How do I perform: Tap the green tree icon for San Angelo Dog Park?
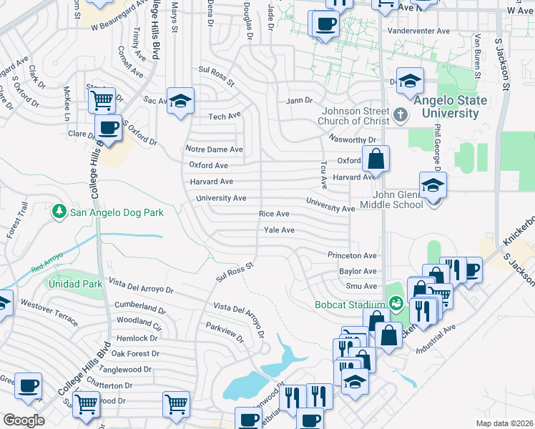tap(58, 212)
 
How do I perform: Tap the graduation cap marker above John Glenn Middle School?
tap(433, 186)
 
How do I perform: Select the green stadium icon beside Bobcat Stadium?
tap(393, 304)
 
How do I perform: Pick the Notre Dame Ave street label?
tap(215, 149)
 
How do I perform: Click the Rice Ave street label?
tap(274, 214)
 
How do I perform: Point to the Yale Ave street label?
tap(279, 230)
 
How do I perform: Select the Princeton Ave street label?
tap(352, 255)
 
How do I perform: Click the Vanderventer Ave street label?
tap(418, 31)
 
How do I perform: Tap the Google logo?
tap(24, 420)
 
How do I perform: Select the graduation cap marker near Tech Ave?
tap(180, 101)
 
